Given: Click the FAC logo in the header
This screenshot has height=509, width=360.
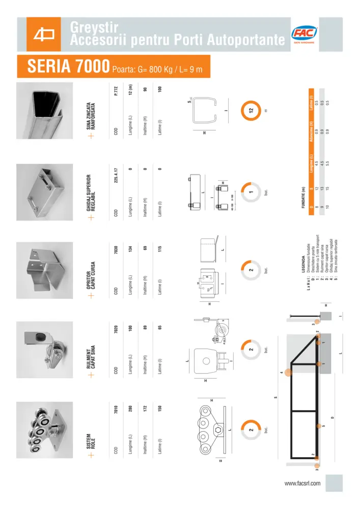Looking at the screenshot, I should pyautogui.click(x=304, y=35).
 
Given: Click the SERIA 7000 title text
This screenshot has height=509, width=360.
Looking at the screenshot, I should pyautogui.click(x=68, y=67).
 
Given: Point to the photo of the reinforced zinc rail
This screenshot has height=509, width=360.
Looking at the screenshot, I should pyautogui.click(x=45, y=110).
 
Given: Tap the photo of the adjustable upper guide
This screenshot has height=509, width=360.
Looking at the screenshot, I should pyautogui.click(x=45, y=190).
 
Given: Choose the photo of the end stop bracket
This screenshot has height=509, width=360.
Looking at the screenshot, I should pyautogui.click(x=45, y=270).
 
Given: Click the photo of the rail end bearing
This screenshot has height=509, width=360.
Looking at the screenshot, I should pyautogui.click(x=45, y=350).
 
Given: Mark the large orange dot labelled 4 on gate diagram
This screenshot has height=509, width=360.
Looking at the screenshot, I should pyautogui.click(x=288, y=373).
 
